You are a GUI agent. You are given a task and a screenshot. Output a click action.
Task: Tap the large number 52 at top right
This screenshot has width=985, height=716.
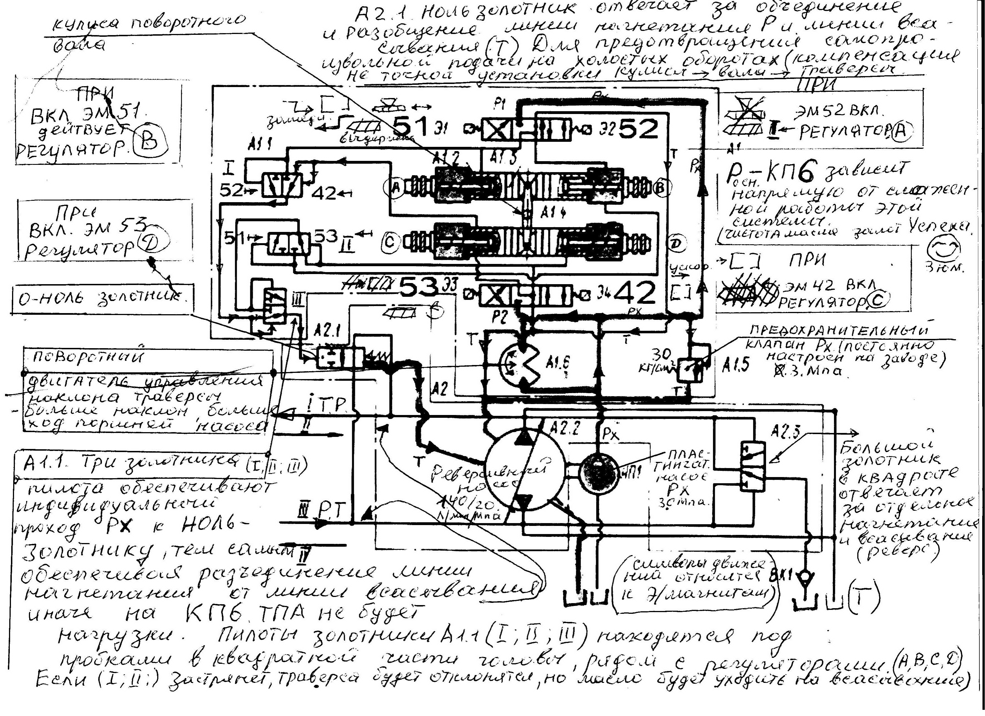[x=638, y=129]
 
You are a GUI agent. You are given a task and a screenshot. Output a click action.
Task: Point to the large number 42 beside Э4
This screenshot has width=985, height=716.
[x=635, y=293]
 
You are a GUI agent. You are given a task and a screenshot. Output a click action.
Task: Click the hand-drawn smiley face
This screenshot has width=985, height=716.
[x=944, y=250]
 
